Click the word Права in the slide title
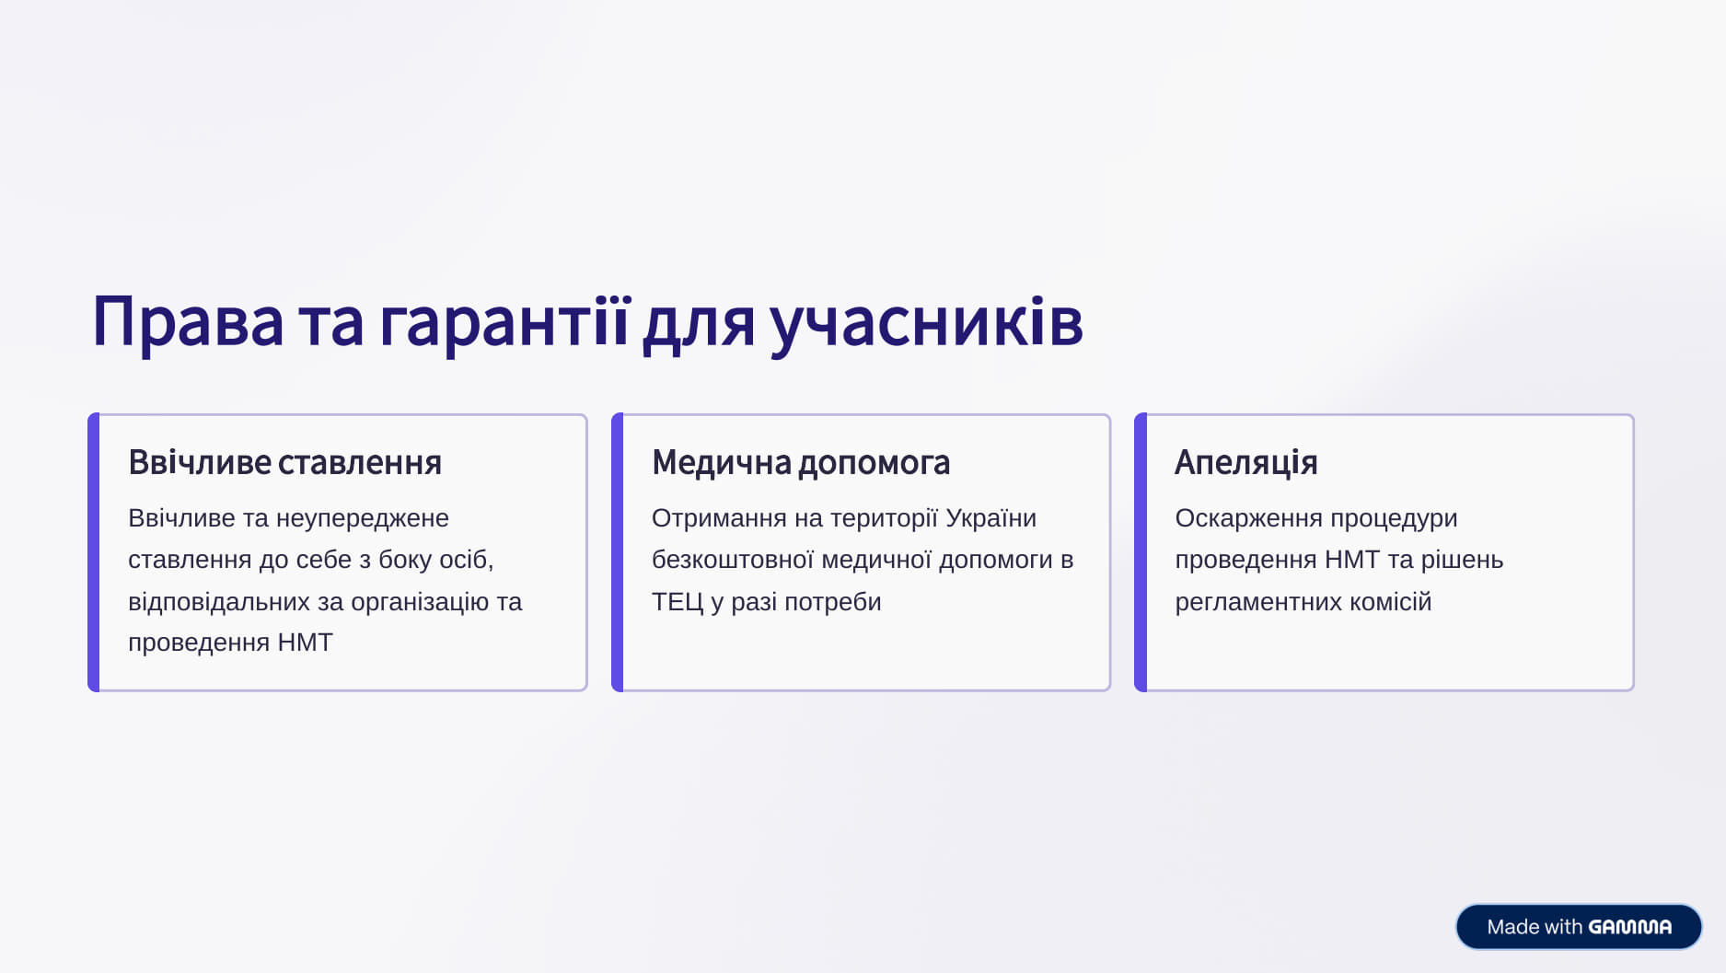(188, 321)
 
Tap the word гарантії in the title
(504, 322)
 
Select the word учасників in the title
(926, 322)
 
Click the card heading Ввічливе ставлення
(284, 462)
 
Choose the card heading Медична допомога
(801, 462)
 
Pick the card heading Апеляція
(1246, 462)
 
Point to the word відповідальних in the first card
(219, 601)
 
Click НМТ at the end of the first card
(305, 642)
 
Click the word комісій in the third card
(1391, 601)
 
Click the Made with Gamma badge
(1579, 926)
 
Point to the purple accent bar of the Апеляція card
(1141, 552)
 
